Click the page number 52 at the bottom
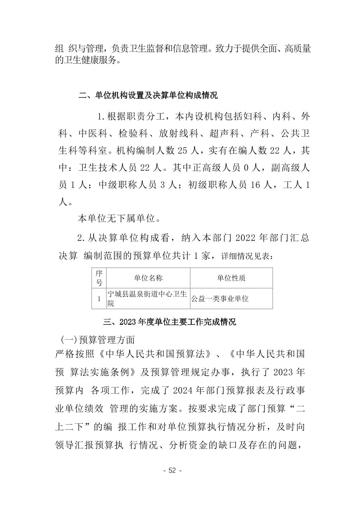tap(172, 470)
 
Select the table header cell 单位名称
tap(148, 278)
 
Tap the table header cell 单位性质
tap(231, 278)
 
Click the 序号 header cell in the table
tap(99, 278)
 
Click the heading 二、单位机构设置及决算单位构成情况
tap(148, 95)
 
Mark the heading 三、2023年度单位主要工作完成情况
tap(170, 322)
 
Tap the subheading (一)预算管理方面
tap(98, 340)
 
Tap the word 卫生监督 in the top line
tap(147, 49)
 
